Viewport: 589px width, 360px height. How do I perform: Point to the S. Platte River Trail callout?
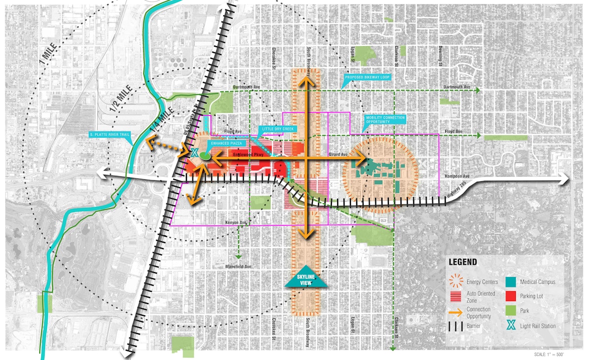[x=109, y=134]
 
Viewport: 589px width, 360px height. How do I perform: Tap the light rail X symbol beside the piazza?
[x=194, y=153]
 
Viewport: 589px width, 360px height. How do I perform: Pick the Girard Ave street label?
[x=338, y=154]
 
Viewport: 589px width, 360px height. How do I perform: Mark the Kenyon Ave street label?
[x=236, y=222]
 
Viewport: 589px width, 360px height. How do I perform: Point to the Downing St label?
[x=441, y=56]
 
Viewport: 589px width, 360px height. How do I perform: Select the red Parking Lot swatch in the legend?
[x=510, y=296]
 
